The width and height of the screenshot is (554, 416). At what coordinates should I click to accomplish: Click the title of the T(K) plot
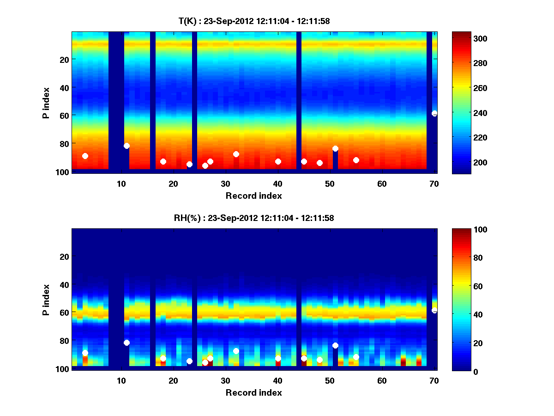[254, 21]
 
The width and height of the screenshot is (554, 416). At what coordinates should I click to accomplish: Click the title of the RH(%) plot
[254, 218]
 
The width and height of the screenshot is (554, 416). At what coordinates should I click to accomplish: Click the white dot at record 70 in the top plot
[434, 113]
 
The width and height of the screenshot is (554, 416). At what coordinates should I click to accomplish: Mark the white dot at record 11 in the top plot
[126, 146]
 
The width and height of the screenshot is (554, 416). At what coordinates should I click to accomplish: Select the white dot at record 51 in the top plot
[335, 148]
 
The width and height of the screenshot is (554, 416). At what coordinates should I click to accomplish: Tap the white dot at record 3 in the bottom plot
[85, 353]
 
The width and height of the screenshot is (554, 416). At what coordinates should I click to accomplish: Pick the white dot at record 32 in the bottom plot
[236, 351]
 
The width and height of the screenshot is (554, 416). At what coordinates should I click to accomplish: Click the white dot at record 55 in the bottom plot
[356, 357]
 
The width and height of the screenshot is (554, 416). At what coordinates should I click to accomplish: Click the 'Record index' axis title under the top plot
[254, 196]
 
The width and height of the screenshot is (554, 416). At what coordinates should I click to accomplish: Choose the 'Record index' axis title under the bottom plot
[254, 392]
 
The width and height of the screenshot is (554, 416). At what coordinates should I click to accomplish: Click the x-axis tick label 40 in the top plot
[278, 184]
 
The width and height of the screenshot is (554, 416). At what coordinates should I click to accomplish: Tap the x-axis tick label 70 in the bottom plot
[434, 380]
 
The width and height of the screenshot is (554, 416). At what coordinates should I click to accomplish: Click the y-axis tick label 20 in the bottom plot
[64, 257]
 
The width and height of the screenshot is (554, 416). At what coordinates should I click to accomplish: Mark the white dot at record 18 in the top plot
[163, 161]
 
